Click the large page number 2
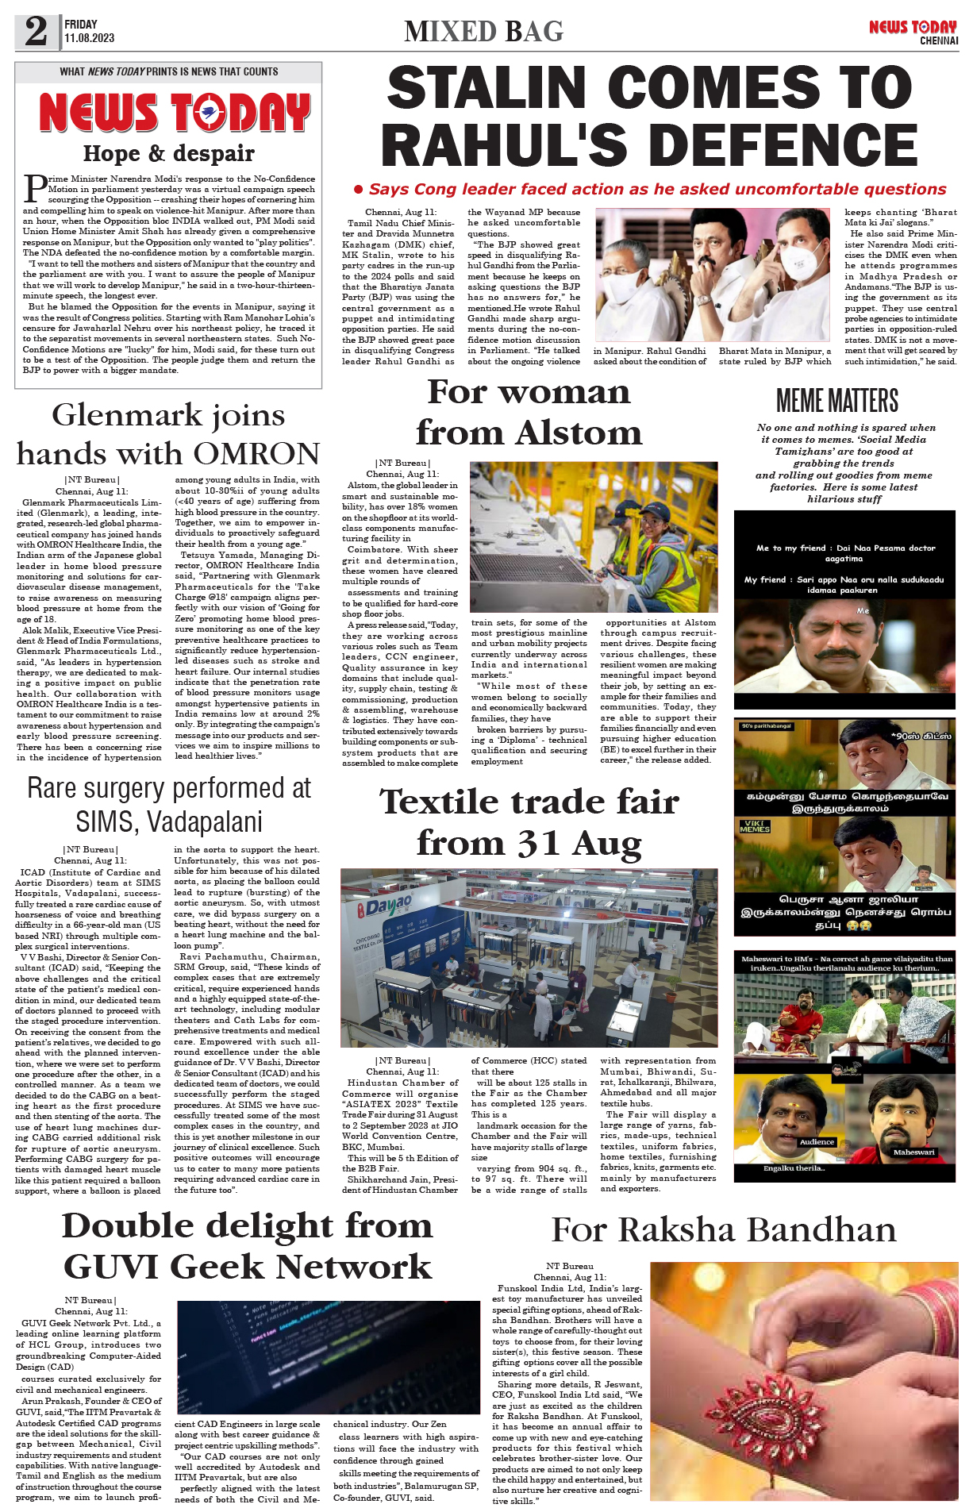click(x=37, y=32)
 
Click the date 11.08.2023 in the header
click(x=89, y=38)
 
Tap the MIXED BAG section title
click(x=483, y=32)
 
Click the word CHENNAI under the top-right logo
click(x=939, y=40)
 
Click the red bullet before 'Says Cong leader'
click(x=359, y=189)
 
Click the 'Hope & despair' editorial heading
click(x=168, y=153)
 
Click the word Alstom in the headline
click(x=579, y=433)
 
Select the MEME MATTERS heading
click(x=837, y=401)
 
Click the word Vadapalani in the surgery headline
click(x=169, y=821)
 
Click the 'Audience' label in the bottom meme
click(x=817, y=1142)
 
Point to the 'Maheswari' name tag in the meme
click(x=913, y=1152)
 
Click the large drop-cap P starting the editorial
click(x=35, y=188)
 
